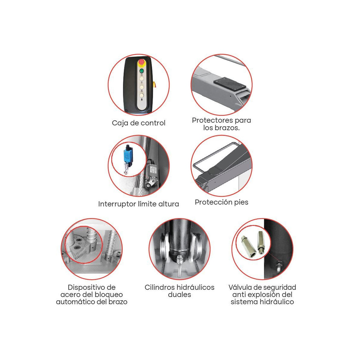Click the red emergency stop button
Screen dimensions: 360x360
141,63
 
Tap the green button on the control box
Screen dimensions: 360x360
141,71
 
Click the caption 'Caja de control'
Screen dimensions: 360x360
139,123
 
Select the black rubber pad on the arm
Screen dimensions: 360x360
229,84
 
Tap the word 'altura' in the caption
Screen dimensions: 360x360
169,204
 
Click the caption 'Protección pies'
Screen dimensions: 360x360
221,202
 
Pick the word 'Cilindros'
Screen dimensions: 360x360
159,287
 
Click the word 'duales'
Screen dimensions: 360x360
179,295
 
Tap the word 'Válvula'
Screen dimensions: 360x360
240,287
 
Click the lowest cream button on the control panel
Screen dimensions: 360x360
141,95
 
